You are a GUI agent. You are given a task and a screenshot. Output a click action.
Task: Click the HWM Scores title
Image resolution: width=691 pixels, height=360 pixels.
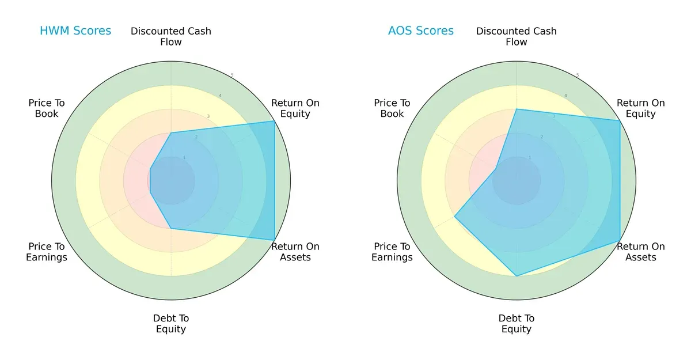75,31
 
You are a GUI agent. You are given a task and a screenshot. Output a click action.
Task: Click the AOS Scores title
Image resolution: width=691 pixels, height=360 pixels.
421,31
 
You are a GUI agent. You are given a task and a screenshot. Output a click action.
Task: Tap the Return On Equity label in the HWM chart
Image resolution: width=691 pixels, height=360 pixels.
295,108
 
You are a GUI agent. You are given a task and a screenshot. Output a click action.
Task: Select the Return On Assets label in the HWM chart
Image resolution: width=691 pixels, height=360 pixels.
295,252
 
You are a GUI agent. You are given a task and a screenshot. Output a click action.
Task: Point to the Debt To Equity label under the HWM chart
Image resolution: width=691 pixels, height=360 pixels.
171,324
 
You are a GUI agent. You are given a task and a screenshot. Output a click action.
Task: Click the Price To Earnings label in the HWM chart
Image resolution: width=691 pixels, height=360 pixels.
47,252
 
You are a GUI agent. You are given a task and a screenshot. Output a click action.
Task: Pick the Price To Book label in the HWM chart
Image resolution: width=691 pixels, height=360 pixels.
47,108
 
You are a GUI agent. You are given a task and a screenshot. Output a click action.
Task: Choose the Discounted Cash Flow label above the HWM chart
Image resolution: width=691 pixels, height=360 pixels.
171,36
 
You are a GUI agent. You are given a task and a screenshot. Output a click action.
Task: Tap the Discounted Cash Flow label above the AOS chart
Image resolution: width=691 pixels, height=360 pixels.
517,36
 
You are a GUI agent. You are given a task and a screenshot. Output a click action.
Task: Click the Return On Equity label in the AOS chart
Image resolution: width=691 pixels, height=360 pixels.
641,108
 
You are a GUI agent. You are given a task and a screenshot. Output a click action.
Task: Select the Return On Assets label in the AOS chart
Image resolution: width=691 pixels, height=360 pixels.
641,252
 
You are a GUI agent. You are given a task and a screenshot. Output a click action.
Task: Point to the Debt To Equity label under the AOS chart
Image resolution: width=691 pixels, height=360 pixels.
517,324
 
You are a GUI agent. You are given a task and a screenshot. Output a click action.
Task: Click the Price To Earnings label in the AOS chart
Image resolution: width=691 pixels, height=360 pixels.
392,252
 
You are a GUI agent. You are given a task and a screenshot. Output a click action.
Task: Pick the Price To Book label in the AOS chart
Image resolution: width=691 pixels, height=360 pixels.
392,108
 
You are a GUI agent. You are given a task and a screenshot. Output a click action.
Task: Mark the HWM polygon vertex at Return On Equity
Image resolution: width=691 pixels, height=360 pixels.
274,121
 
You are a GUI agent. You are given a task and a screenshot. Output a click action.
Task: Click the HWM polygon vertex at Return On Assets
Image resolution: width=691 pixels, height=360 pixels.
274,240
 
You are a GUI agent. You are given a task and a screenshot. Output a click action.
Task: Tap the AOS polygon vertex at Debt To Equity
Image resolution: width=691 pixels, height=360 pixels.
517,276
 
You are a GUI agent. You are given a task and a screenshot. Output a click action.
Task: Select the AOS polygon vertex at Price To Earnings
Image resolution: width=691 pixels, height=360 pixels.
455,217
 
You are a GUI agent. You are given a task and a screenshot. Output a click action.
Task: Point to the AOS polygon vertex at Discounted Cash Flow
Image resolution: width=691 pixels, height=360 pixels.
517,109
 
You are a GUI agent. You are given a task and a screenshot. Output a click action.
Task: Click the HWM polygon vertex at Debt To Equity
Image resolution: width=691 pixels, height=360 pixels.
171,228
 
